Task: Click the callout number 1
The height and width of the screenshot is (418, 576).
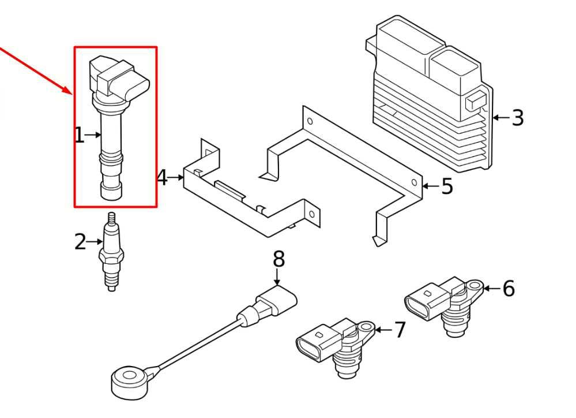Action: tap(79, 136)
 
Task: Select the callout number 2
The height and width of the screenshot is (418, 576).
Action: tap(80, 241)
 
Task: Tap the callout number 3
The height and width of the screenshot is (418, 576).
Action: tap(517, 117)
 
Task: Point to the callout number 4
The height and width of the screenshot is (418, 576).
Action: tap(163, 178)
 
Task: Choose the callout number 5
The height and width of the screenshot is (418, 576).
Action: tap(447, 186)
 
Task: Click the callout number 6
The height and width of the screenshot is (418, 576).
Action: tap(508, 288)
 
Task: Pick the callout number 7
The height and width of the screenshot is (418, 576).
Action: tap(400, 330)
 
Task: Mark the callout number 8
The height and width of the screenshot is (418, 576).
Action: tap(278, 259)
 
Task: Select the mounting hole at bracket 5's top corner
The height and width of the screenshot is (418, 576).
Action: tap(310, 122)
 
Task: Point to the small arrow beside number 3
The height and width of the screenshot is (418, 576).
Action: tap(499, 117)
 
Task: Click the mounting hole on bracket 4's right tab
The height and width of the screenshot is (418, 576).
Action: tap(312, 214)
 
